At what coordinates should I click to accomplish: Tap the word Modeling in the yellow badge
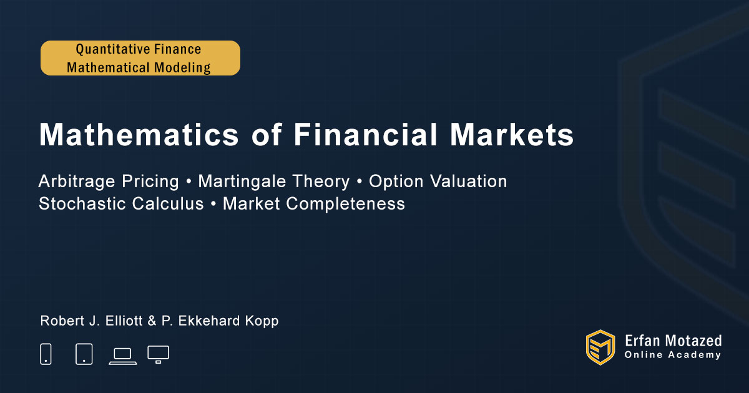tap(182, 67)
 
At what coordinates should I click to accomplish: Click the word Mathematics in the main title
tap(139, 135)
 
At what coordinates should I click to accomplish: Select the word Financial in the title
tap(366, 135)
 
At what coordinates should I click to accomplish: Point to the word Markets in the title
tap(512, 135)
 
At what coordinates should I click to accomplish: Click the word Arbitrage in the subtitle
tap(77, 182)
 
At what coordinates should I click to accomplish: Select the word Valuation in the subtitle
tap(468, 182)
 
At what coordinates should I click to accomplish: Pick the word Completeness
tap(345, 204)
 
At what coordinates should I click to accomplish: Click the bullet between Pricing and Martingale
tap(188, 182)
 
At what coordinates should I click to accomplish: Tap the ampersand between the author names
tap(152, 321)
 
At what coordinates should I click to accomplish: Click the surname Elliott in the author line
tap(124, 321)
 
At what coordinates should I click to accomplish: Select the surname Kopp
tap(262, 321)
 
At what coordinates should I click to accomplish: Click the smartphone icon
tap(46, 354)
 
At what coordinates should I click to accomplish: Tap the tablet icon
tap(84, 354)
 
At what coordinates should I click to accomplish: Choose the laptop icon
tap(123, 356)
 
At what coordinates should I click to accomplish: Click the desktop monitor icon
tap(158, 354)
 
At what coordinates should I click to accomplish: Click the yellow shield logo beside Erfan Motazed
tap(600, 347)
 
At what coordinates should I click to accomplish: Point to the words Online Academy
tap(672, 355)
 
